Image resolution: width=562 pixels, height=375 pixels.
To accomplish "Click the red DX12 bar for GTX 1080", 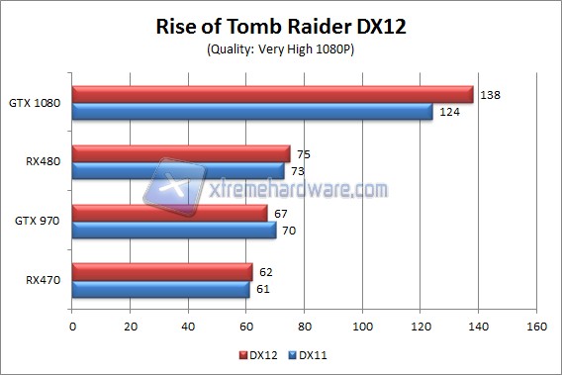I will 272,94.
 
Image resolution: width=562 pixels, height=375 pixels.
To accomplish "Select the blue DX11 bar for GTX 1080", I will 252,112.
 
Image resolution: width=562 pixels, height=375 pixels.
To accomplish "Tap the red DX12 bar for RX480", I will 181,153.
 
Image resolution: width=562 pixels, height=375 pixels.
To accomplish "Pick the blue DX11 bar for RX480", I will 178,171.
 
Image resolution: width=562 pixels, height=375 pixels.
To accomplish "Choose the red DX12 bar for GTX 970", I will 169,212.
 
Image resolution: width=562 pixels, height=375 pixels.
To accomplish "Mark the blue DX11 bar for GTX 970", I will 174,230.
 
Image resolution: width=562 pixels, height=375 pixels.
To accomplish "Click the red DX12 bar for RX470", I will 162,270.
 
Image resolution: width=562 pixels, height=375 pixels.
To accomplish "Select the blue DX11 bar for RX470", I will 160,288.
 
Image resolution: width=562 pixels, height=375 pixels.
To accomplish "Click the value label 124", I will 448,113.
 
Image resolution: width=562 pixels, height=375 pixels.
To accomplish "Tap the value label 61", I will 264,289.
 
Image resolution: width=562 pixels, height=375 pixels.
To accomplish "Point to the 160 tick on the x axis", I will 537,325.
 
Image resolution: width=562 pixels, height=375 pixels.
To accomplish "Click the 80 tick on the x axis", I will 305,325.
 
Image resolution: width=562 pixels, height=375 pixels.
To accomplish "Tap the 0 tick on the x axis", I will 72,325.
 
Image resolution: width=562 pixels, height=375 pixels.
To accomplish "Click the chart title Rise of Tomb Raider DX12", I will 281,27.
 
